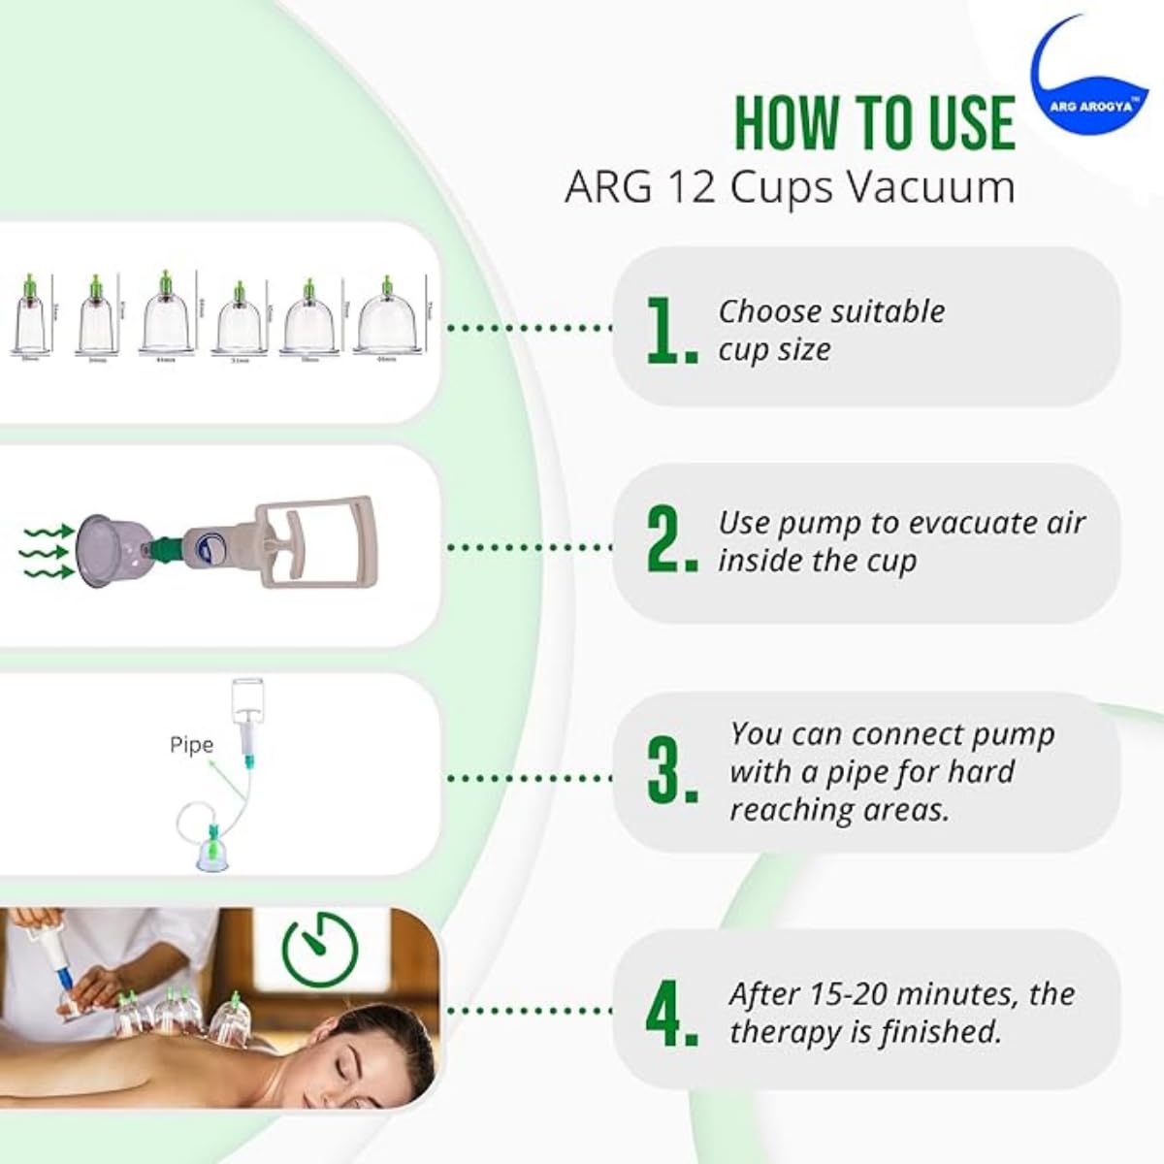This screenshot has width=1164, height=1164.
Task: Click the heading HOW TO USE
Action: click(x=874, y=123)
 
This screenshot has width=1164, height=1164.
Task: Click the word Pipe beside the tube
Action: click(x=191, y=745)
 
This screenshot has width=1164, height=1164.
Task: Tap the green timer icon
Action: click(x=319, y=948)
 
